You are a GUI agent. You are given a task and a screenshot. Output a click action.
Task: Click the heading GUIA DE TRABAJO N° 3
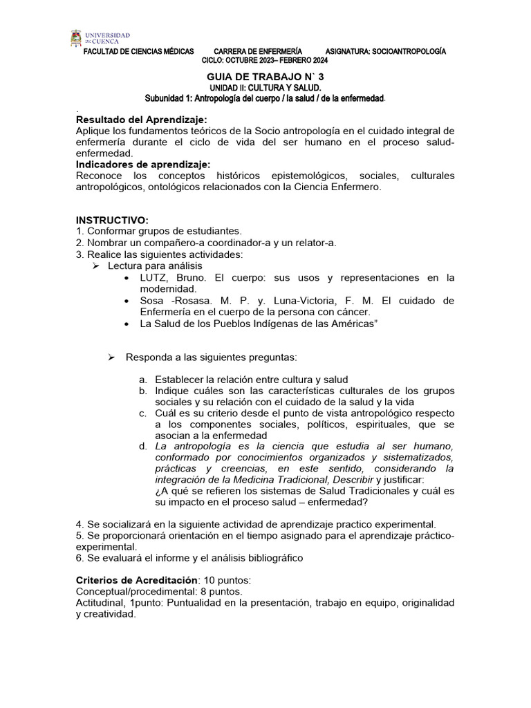point(265,77)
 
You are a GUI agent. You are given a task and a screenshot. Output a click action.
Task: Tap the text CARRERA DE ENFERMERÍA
point(258,52)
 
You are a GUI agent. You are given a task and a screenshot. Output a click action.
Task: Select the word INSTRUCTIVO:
point(112,219)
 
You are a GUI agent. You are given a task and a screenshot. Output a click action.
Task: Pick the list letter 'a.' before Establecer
point(142,380)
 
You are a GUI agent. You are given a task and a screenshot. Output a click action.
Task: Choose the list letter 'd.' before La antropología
point(142,447)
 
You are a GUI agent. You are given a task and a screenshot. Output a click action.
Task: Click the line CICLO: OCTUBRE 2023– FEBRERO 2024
point(265,60)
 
